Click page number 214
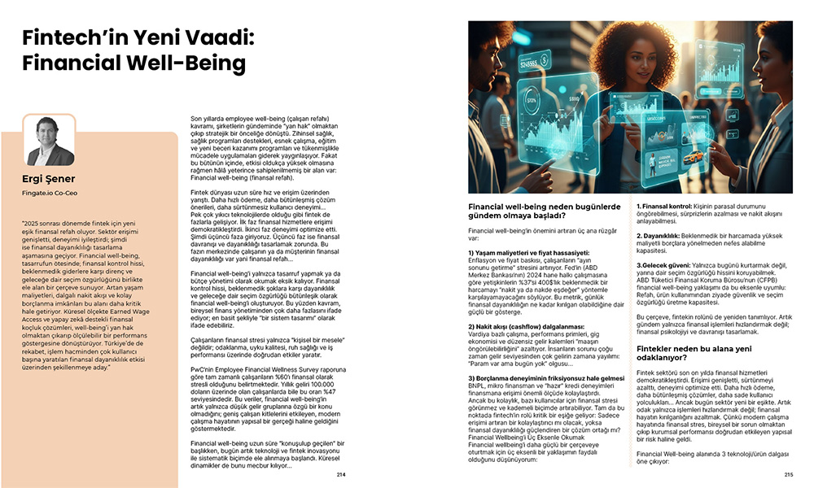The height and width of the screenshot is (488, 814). point(340,475)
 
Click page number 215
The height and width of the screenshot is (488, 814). point(788,475)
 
